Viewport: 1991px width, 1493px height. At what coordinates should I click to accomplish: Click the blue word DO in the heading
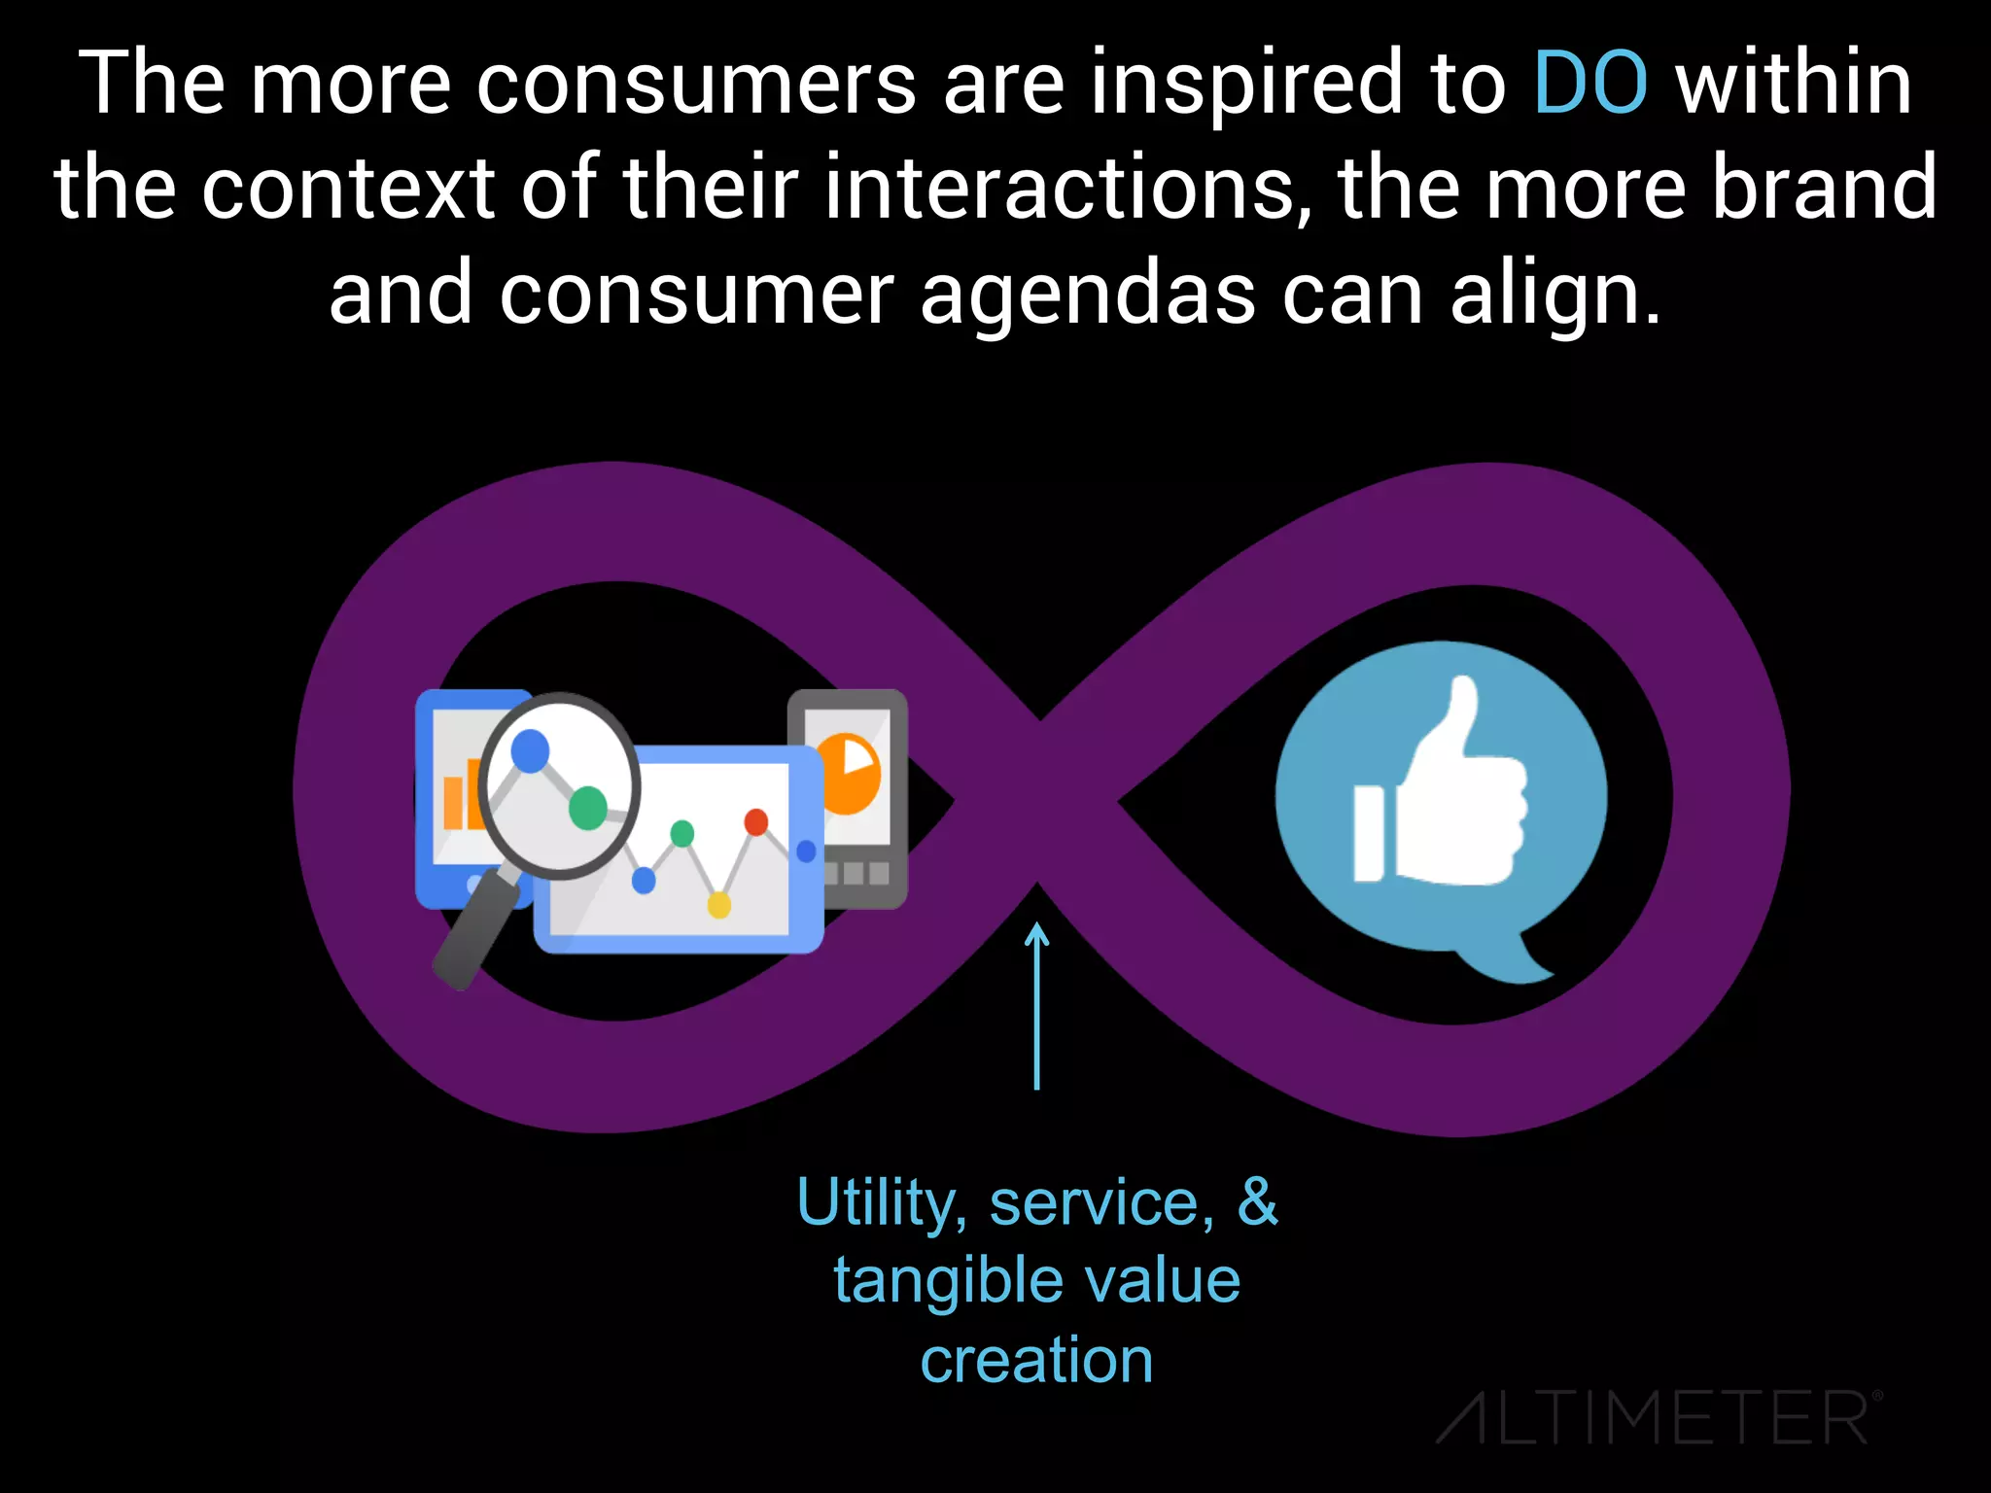tap(1590, 84)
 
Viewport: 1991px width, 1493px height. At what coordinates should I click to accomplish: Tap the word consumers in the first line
tap(696, 84)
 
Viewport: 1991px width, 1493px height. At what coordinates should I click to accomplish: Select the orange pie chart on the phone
tap(850, 773)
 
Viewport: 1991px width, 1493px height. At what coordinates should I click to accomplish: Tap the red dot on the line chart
tap(755, 822)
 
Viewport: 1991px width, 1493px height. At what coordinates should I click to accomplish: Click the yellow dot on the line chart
tap(718, 906)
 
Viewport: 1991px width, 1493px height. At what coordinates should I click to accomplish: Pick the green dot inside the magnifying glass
tap(587, 807)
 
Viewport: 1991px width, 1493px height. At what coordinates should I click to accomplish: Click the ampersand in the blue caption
tap(1257, 1201)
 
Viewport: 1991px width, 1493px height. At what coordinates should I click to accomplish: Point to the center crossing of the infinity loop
tap(1037, 801)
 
